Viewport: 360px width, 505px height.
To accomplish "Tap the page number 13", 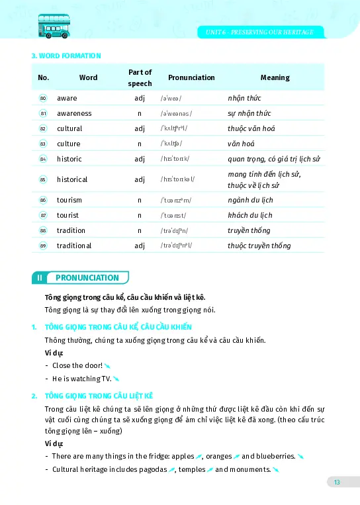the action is [336, 482].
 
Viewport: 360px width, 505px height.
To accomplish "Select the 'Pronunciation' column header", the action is [191, 77].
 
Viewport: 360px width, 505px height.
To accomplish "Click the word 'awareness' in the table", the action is [74, 113].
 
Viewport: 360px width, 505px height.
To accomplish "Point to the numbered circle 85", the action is [43, 179].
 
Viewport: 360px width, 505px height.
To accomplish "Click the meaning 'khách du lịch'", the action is [249, 215].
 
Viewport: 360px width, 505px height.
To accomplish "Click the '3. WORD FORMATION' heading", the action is [66, 56].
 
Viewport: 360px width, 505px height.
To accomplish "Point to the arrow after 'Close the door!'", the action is [107, 365].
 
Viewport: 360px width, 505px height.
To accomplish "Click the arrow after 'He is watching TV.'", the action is [116, 379].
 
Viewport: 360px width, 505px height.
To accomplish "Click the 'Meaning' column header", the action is [275, 77].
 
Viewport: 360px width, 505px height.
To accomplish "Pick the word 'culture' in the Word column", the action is [68, 144].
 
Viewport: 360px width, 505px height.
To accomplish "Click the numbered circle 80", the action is [43, 98].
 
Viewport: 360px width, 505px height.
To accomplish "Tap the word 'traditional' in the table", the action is [74, 246].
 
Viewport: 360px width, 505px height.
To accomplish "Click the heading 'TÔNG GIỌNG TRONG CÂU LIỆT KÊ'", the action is [99, 395].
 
